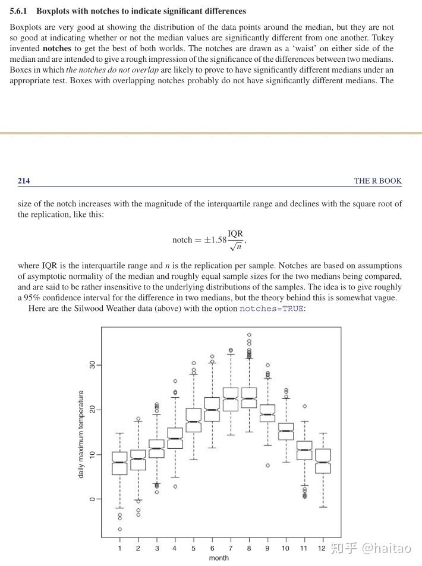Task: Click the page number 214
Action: coord(24,181)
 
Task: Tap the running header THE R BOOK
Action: coord(377,181)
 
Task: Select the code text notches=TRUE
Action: coord(271,309)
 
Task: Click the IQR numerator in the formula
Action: coord(235,234)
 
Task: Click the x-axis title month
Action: coord(219,558)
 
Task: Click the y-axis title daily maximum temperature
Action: coord(81,433)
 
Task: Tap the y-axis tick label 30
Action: coord(92,364)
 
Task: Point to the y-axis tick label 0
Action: coord(92,499)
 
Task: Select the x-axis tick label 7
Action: coord(230,548)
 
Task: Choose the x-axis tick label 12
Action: coord(322,548)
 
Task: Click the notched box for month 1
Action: coord(119,463)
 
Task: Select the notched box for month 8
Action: coord(249,398)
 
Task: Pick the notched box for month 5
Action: coord(193,420)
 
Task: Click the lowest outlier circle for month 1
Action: coord(119,529)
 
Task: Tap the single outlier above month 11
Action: coord(304,407)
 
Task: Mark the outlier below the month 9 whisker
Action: coord(267,466)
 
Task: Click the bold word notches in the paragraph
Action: coord(57,48)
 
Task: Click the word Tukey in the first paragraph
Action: coord(382,38)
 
